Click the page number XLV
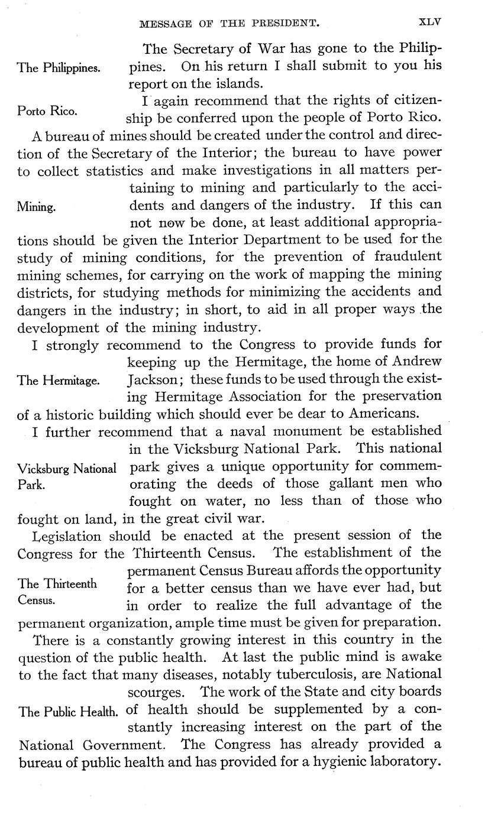(430, 22)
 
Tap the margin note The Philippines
(59, 67)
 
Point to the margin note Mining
(37, 207)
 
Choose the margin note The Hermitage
(59, 381)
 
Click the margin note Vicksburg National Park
(66, 476)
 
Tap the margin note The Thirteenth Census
(57, 591)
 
